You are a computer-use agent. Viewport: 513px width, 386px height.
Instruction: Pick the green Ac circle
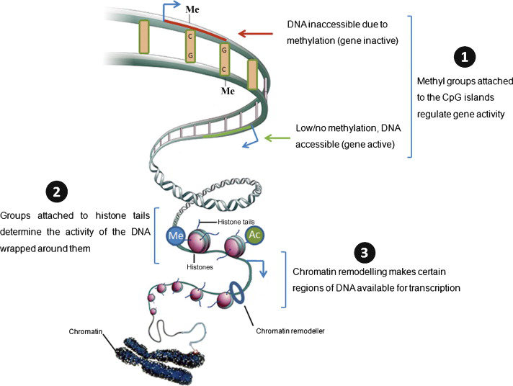[x=256, y=235]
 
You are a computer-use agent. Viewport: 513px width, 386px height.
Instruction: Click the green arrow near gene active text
[x=277, y=136]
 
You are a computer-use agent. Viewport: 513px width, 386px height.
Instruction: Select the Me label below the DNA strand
[x=228, y=92]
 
